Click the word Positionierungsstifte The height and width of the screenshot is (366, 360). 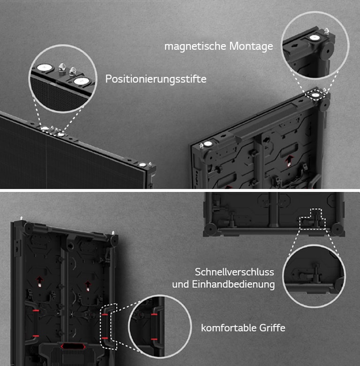156,79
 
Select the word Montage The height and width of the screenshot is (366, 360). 251,46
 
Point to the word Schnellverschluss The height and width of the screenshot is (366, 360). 234,272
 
